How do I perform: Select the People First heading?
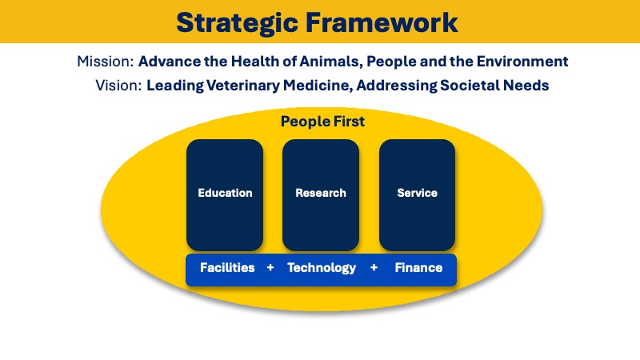[322, 122]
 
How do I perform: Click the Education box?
[225, 194]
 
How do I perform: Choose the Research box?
[321, 194]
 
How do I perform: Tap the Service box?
[417, 194]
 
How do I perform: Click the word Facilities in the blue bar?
[227, 268]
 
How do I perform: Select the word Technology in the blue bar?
[322, 268]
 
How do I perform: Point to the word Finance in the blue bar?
[418, 268]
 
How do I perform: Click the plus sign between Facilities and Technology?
[270, 268]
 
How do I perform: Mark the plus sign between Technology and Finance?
[374, 268]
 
